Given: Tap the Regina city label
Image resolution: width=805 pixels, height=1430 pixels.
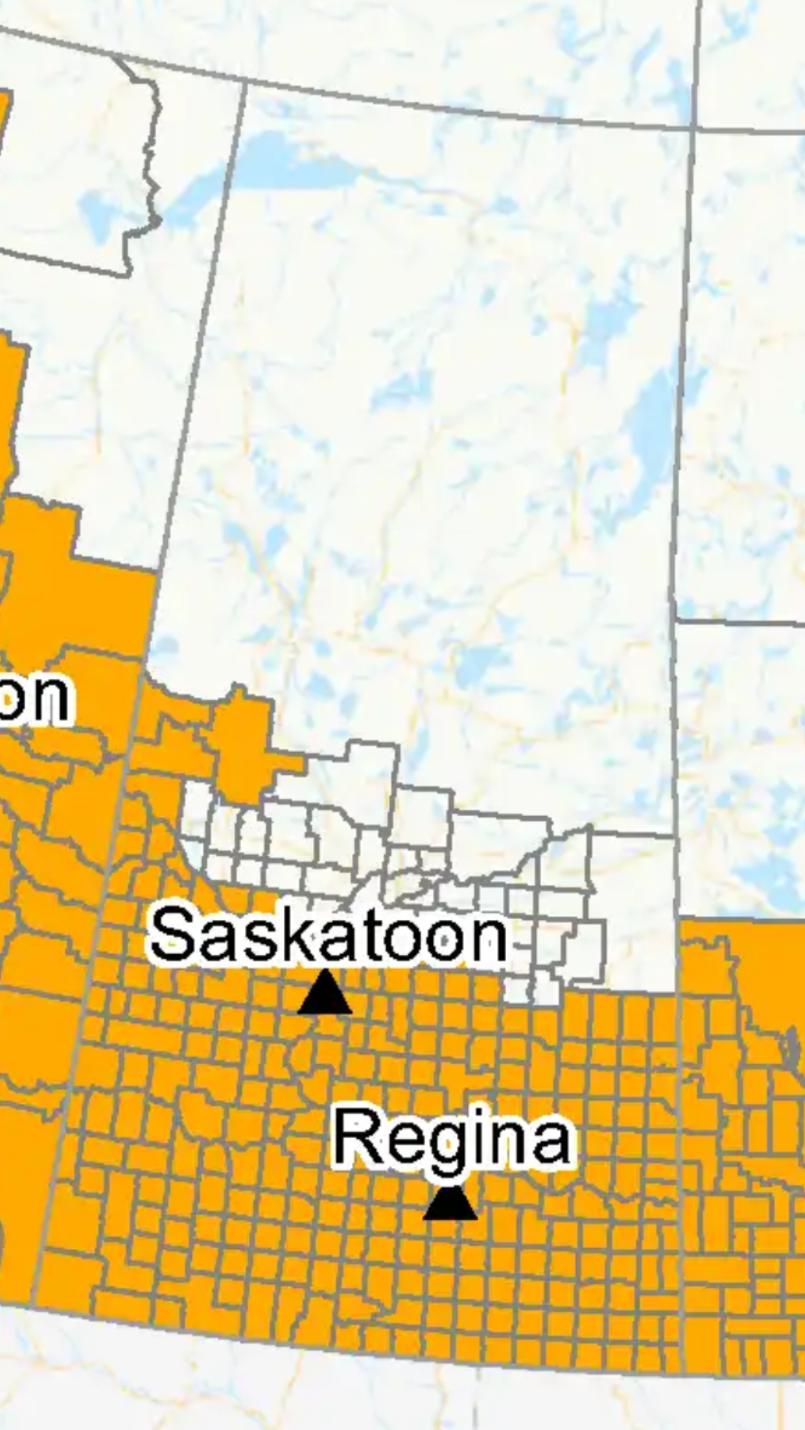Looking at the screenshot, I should tap(452, 1138).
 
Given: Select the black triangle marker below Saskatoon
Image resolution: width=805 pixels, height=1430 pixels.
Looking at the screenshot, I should tap(325, 994).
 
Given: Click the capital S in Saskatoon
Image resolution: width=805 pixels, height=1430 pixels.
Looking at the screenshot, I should tap(174, 934).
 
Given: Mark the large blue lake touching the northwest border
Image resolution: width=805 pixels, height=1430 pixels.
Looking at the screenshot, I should tap(298, 160).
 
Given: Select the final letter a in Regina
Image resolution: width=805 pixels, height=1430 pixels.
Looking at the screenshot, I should tap(551, 1142).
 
